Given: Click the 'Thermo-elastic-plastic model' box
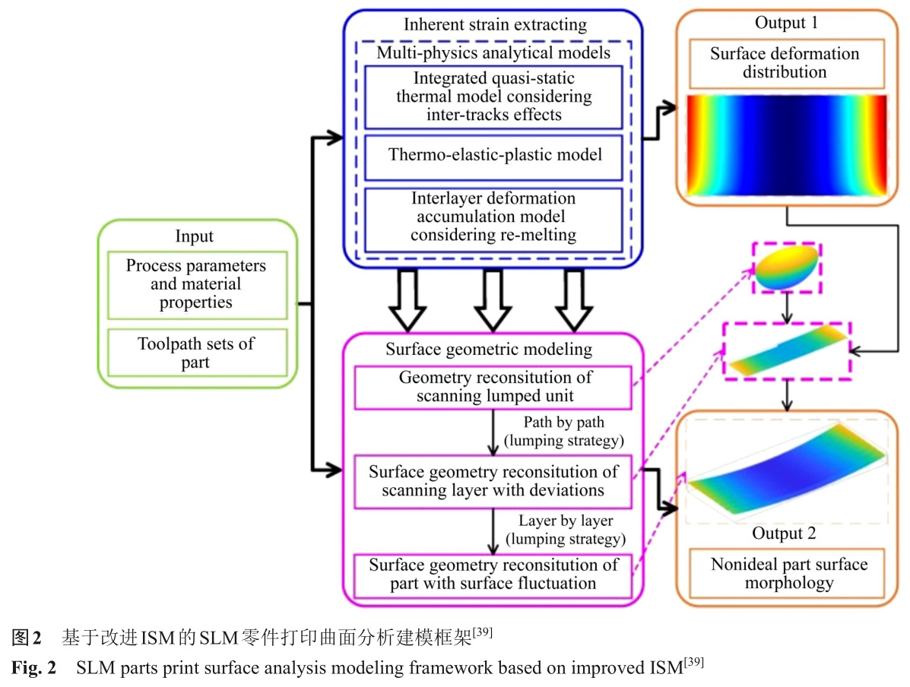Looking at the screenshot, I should coord(494,154).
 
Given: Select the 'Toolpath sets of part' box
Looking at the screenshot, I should coord(197,353).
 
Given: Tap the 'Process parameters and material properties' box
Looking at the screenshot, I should coord(197,284).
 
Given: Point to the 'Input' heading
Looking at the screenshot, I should coord(195,236).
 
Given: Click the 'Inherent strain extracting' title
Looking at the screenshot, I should coord(495,24).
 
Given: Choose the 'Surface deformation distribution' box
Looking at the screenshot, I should coord(785,63).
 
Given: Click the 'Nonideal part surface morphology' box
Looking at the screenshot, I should coord(789,574).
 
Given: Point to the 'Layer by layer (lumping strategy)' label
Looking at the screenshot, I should coord(566,530).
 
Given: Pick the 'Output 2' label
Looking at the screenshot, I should coord(784,533).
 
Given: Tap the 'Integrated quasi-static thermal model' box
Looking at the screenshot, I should coord(494,97).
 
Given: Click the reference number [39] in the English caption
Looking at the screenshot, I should coord(693,663).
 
